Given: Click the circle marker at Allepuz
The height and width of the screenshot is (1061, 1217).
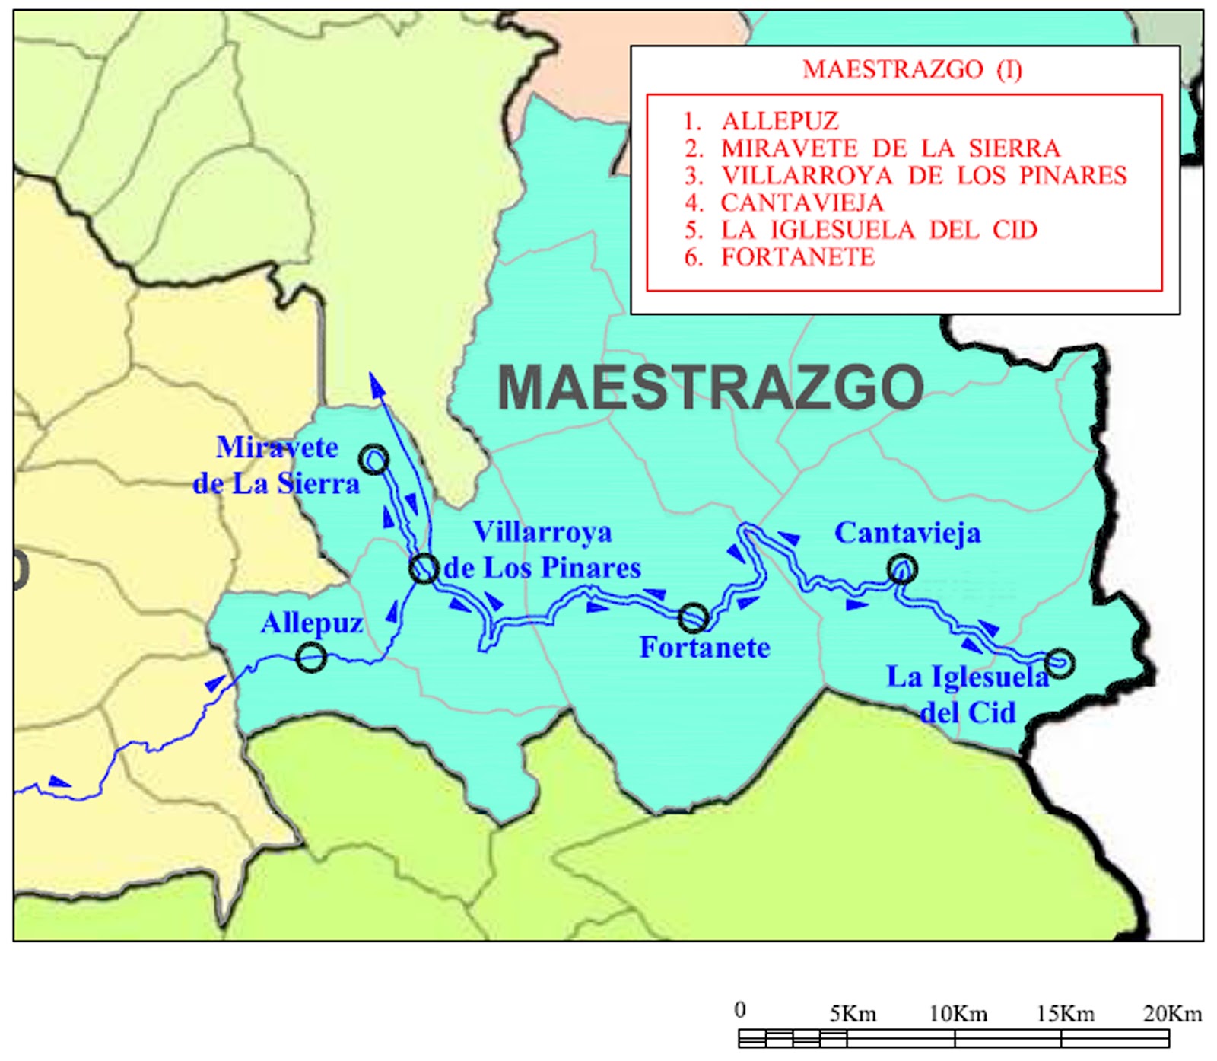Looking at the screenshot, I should [311, 657].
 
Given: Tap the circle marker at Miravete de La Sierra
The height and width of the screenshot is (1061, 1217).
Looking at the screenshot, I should [374, 460].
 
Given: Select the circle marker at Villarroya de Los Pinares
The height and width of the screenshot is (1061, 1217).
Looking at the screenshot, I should [424, 568].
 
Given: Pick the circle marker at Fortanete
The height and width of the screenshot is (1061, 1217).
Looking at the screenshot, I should [693, 617].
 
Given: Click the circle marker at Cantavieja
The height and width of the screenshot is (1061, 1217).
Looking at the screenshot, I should [902, 569].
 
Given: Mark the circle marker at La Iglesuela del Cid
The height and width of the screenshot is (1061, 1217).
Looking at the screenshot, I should [1060, 663].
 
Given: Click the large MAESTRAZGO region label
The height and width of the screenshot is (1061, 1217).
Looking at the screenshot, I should [710, 387].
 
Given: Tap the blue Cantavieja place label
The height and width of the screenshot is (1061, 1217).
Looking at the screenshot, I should [907, 533].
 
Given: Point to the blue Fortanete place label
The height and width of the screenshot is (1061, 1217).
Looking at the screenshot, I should [704, 648].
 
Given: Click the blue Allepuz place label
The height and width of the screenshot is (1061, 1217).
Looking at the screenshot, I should [312, 623].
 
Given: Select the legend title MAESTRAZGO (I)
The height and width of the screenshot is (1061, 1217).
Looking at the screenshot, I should [912, 69].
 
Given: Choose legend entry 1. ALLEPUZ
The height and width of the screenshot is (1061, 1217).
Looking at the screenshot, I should [761, 121].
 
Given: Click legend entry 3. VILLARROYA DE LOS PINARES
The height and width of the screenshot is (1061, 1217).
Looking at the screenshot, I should [905, 176].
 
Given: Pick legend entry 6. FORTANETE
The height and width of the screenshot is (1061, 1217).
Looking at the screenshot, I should [779, 257].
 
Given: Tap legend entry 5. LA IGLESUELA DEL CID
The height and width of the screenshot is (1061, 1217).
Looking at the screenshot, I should [860, 230].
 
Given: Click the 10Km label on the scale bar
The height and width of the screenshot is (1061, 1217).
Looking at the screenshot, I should [958, 1014].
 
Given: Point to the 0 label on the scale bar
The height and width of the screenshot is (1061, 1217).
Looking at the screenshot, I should [740, 1010].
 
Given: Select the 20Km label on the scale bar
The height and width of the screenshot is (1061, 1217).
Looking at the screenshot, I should [1172, 1014].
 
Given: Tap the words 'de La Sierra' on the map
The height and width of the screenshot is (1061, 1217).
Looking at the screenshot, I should [275, 483].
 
